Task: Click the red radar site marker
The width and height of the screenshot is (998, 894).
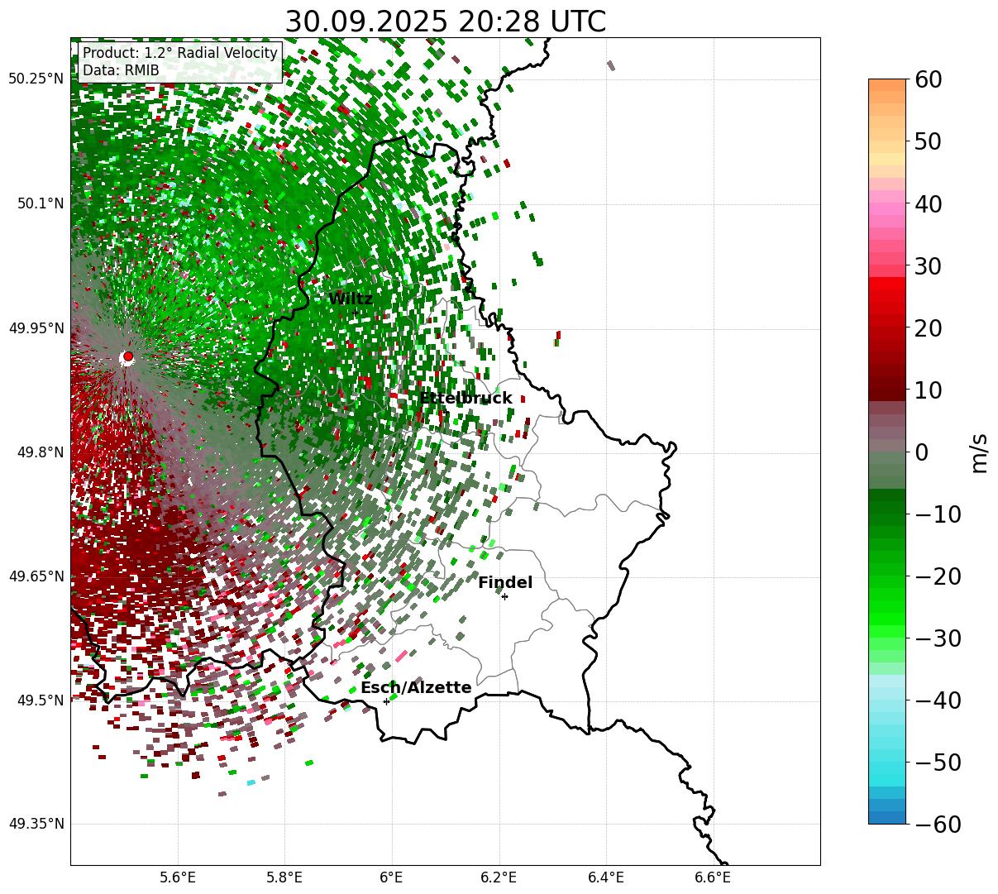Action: (127, 356)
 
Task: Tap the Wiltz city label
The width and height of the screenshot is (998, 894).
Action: (351, 299)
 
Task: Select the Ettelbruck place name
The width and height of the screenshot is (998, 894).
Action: (466, 399)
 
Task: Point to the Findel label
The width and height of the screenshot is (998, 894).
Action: (505, 583)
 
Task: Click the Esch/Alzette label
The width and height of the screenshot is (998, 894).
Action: (416, 688)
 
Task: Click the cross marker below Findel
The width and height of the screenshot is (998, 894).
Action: (504, 596)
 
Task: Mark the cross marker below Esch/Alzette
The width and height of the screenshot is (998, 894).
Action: (386, 701)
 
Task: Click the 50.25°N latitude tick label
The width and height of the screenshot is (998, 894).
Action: (36, 79)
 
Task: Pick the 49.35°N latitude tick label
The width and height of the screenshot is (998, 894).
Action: (36, 825)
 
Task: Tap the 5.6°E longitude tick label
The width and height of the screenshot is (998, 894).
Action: (178, 878)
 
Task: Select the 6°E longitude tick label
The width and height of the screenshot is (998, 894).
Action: (391, 878)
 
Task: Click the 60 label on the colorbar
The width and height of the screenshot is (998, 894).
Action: (929, 80)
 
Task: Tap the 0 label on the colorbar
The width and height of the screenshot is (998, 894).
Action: (921, 452)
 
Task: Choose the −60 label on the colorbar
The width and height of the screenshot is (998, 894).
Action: (938, 825)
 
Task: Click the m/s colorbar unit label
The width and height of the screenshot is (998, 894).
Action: (979, 452)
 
